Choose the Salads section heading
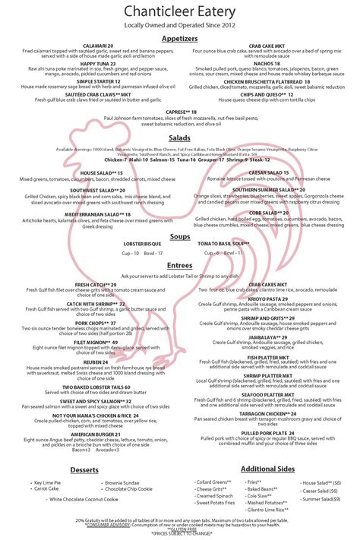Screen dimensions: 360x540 click(180, 138)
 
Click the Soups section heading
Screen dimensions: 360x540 click(180, 236)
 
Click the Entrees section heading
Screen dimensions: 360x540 click(180, 265)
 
